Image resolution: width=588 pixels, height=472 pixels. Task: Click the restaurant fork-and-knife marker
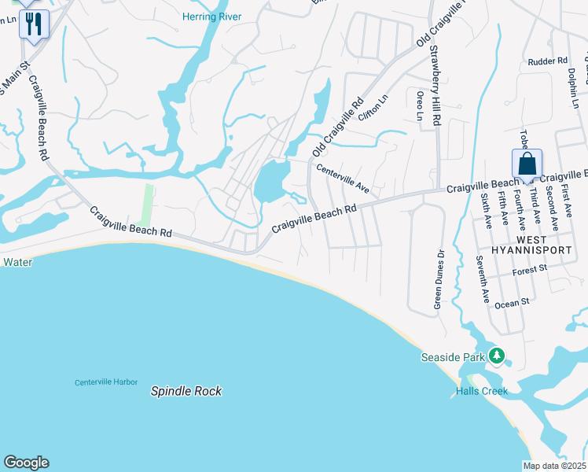point(34,23)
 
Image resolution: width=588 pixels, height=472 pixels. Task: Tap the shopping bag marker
point(527,164)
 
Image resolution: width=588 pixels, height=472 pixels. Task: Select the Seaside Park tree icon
point(496,356)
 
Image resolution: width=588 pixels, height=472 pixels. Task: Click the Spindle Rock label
point(186,391)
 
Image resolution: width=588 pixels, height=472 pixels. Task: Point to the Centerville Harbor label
point(106,382)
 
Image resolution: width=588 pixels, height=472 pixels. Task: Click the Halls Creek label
point(482,391)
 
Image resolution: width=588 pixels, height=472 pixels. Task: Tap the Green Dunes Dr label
point(439,278)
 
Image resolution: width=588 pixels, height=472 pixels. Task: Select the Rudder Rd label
point(548,61)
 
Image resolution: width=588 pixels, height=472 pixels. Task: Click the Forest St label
point(529,269)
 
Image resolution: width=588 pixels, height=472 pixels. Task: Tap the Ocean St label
point(513,301)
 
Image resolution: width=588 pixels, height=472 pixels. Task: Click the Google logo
point(26,463)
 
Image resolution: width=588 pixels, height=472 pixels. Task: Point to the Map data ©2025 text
point(555,466)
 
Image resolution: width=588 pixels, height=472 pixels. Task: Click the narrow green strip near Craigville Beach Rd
point(147,204)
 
